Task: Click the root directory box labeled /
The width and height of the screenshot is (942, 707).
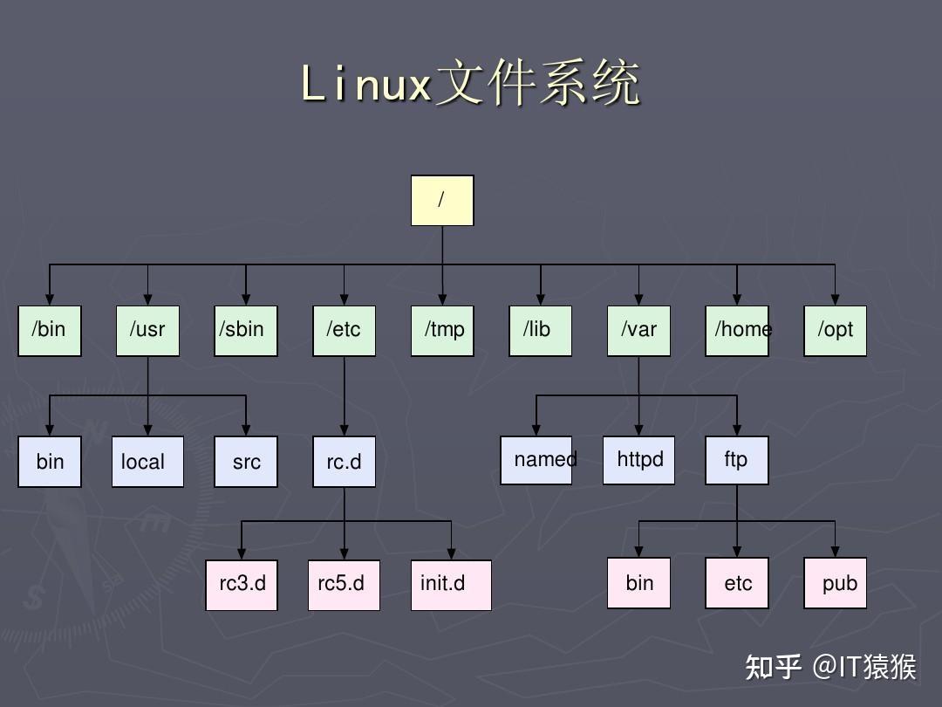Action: [x=442, y=201]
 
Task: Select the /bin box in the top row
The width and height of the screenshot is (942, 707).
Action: [x=50, y=331]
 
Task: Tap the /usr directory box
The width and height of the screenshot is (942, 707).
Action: [x=147, y=331]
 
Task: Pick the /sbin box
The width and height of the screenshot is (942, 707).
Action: [x=246, y=331]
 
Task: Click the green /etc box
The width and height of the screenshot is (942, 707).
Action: [x=344, y=331]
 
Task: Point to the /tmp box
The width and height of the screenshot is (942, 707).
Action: [x=442, y=331]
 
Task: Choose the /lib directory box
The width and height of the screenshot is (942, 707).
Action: [x=540, y=331]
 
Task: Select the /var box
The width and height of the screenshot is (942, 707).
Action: [x=638, y=331]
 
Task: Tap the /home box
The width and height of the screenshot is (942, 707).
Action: [x=737, y=331]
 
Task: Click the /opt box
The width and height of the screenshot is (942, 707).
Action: [x=835, y=331]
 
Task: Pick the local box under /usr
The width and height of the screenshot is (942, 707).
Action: [x=147, y=462]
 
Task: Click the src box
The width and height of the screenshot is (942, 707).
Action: [x=246, y=462]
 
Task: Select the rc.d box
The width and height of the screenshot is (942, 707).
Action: [x=344, y=462]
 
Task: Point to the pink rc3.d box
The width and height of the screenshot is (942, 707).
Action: [x=242, y=585]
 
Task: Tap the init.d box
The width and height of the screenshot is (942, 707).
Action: [x=450, y=585]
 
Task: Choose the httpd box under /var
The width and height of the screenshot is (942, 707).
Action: [x=638, y=460]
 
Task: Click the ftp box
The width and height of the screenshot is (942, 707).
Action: [x=737, y=460]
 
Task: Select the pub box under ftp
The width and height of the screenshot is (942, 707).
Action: [x=835, y=583]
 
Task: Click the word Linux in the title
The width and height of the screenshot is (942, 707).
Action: [x=366, y=85]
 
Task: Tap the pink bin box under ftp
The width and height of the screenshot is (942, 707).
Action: [x=638, y=583]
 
